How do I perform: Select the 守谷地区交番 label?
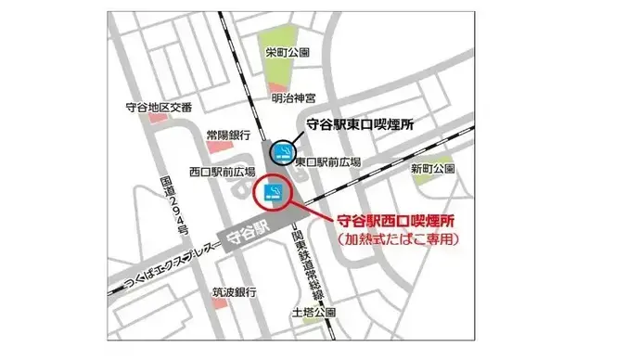[159, 107]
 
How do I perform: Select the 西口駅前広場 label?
[222, 171]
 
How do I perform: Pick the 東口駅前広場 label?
[327, 162]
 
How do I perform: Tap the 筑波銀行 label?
[233, 292]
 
